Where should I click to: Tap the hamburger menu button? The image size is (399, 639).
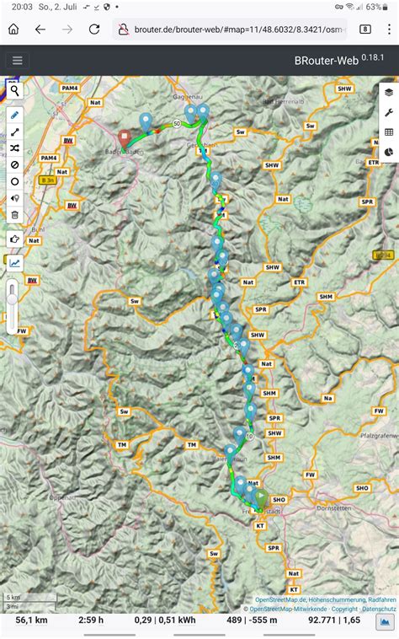tap(17, 60)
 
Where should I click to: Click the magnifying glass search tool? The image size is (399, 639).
tap(14, 91)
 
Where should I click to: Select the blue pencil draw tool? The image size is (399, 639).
tap(14, 114)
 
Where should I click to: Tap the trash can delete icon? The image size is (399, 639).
tap(14, 215)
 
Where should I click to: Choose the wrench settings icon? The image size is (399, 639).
tap(388, 112)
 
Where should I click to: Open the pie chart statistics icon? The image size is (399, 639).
tap(388, 152)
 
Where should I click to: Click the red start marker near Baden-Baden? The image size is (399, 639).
tap(124, 136)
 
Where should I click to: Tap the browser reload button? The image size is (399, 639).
tap(94, 29)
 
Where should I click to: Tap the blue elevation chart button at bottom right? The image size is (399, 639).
tap(385, 621)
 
